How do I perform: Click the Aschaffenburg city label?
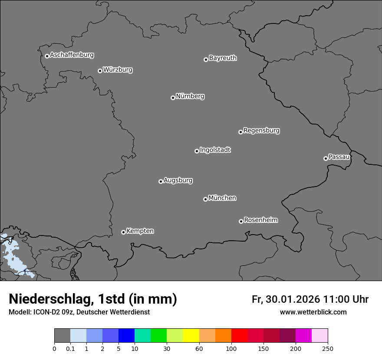click(x=72, y=55)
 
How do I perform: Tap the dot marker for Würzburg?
click(x=100, y=71)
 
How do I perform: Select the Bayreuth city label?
click(x=223, y=58)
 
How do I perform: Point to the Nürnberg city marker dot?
click(x=173, y=98)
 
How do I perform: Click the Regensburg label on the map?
click(x=261, y=131)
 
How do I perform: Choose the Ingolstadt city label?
click(x=215, y=150)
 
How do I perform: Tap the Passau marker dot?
click(x=326, y=158)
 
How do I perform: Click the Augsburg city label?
click(x=178, y=180)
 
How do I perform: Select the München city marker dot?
click(x=205, y=199)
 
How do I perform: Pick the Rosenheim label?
click(x=260, y=220)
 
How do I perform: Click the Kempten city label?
click(x=140, y=231)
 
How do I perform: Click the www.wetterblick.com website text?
click(x=313, y=312)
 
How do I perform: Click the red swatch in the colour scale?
click(x=239, y=336)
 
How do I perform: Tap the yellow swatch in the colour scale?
click(x=191, y=336)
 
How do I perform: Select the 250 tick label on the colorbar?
click(x=328, y=349)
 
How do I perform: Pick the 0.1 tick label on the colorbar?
click(x=70, y=349)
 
